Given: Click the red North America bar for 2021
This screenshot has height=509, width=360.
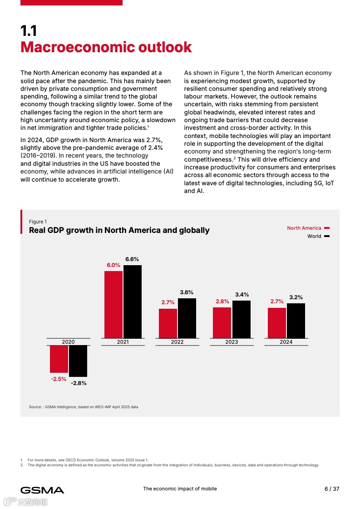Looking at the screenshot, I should pyautogui.click(x=113, y=304).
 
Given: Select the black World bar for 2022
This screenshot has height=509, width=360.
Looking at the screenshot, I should pyautogui.click(x=187, y=318).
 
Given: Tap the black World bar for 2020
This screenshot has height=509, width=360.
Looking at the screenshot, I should pyautogui.click(x=78, y=361).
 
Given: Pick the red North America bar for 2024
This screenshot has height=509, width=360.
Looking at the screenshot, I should pyautogui.click(x=277, y=323).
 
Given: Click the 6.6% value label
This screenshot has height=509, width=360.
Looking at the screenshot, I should pyautogui.click(x=132, y=259).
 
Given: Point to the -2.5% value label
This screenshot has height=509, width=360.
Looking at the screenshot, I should pyautogui.click(x=59, y=379).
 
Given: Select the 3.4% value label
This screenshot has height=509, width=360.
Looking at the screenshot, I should pyautogui.click(x=242, y=295).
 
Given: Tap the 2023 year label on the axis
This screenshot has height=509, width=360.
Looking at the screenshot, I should pyautogui.click(x=232, y=342).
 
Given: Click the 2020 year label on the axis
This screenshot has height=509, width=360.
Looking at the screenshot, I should pyautogui.click(x=68, y=342).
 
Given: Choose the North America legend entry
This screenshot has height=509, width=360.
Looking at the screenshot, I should pyautogui.click(x=304, y=228).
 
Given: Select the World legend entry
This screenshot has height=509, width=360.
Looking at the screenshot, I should pyautogui.click(x=314, y=236).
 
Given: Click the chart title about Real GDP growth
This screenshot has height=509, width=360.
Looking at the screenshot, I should pyautogui.click(x=119, y=230).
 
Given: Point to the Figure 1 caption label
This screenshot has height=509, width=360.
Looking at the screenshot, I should pyautogui.click(x=38, y=222).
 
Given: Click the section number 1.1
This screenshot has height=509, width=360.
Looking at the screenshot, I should pyautogui.click(x=29, y=31).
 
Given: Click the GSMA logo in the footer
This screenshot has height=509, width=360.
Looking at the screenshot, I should pyautogui.click(x=42, y=490).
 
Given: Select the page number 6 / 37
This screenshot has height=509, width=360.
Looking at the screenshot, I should pyautogui.click(x=332, y=489).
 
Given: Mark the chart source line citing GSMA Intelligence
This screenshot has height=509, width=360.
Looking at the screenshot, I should pyautogui.click(x=84, y=407).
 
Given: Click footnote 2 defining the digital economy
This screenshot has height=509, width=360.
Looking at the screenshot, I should pyautogui.click(x=173, y=465).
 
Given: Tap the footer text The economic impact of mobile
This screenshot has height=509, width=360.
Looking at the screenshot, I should pyautogui.click(x=180, y=489).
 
